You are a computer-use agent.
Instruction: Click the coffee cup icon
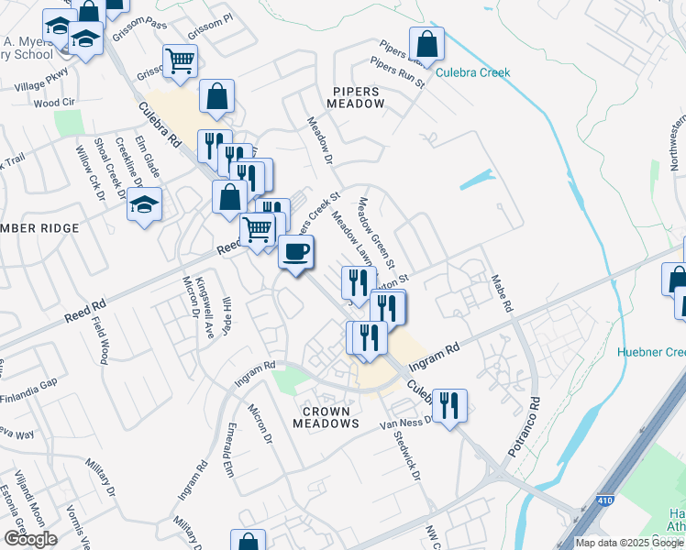point(295,251)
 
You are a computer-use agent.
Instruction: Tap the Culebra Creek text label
point(472,71)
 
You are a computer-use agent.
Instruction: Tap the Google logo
point(29,539)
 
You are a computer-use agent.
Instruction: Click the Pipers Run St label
point(398,72)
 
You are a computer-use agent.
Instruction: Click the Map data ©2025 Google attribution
point(628,543)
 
